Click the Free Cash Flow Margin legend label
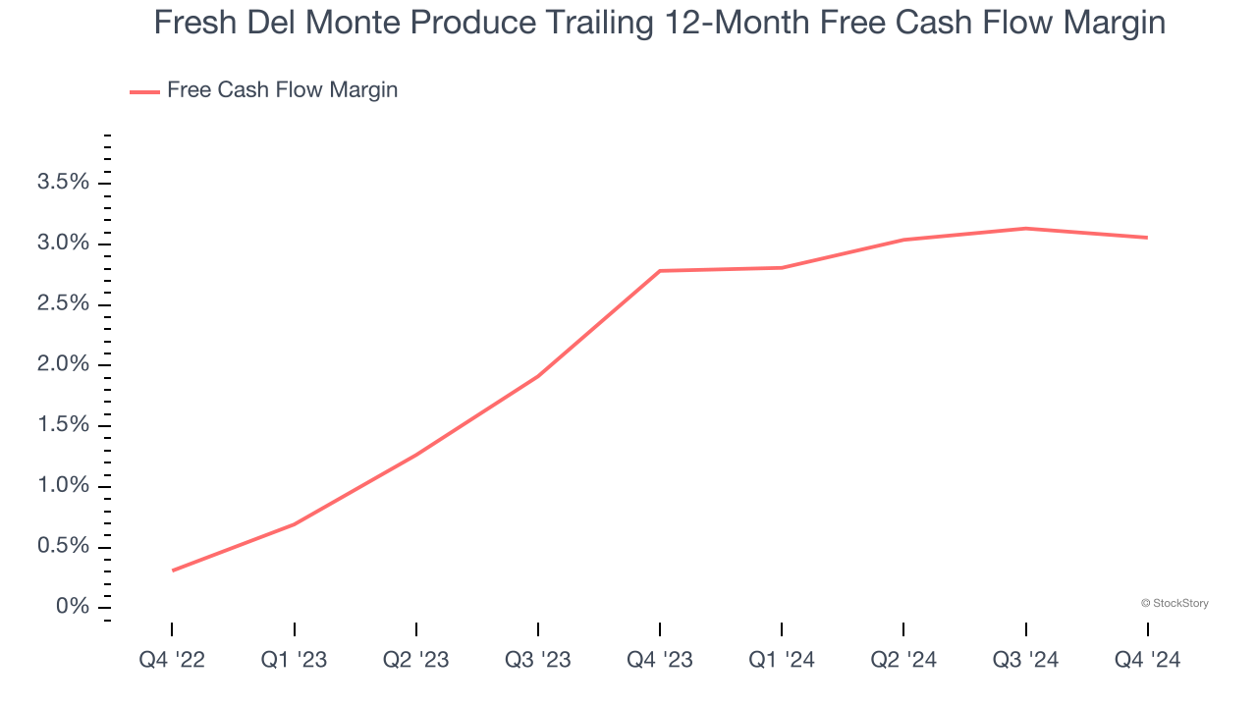click(282, 90)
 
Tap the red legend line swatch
click(144, 91)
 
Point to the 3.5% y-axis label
click(63, 183)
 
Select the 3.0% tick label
click(63, 244)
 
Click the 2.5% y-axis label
click(63, 304)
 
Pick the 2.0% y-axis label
click(63, 365)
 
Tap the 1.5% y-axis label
click(63, 425)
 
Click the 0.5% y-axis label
click(63, 547)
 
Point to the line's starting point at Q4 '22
click(173, 571)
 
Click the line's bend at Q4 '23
click(660, 271)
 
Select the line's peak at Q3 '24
click(1025, 229)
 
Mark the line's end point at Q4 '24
click(1147, 238)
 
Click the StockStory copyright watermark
click(1175, 603)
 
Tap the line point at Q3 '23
click(538, 376)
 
